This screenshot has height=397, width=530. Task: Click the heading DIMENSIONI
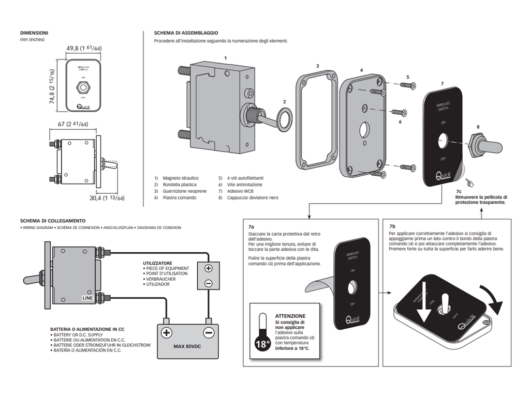click(x=34, y=33)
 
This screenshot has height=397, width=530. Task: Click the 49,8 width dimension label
click(x=83, y=48)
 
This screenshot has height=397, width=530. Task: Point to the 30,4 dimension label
click(x=108, y=197)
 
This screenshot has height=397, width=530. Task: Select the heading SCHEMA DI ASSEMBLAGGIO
click(x=182, y=33)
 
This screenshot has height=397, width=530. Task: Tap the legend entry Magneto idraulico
click(x=180, y=178)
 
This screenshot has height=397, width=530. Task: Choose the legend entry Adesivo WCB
click(x=240, y=191)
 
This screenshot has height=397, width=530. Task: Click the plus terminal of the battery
click(x=166, y=332)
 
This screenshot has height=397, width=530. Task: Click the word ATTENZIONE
click(x=290, y=316)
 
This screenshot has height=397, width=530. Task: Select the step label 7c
click(x=459, y=191)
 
